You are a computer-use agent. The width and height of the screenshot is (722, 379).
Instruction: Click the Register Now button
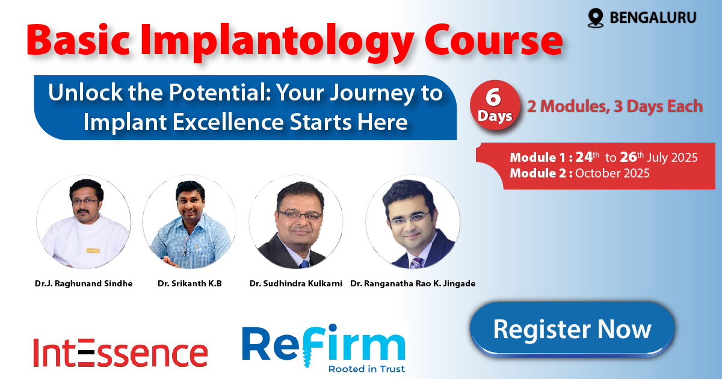[572, 329]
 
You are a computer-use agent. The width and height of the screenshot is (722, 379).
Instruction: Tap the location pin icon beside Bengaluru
[595, 17]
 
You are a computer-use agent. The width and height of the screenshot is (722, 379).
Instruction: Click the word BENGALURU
[653, 17]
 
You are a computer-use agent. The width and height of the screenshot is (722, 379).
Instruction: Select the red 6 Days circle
[495, 105]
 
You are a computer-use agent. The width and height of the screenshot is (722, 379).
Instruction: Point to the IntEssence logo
[120, 353]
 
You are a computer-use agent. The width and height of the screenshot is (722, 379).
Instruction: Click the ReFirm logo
[324, 348]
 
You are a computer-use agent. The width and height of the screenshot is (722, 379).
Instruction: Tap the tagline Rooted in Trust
[366, 369]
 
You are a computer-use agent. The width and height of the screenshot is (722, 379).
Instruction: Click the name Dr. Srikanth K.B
[190, 283]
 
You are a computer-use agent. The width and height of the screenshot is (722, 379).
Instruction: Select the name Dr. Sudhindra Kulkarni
[295, 283]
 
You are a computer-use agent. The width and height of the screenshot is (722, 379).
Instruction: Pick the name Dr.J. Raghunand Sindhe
[84, 283]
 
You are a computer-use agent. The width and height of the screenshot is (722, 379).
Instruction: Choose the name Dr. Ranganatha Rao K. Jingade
[413, 283]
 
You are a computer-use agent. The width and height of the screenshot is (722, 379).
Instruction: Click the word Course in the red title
[493, 41]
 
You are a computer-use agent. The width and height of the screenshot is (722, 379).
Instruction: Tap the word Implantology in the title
[277, 42]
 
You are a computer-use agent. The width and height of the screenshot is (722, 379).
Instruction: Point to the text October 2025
[612, 173]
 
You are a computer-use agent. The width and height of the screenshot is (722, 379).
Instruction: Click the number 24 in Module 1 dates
[584, 157]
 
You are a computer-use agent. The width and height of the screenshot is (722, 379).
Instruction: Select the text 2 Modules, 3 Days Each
[615, 106]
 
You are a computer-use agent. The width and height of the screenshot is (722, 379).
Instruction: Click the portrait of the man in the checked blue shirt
[190, 222]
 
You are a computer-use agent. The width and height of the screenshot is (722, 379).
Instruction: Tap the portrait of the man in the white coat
[84, 222]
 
